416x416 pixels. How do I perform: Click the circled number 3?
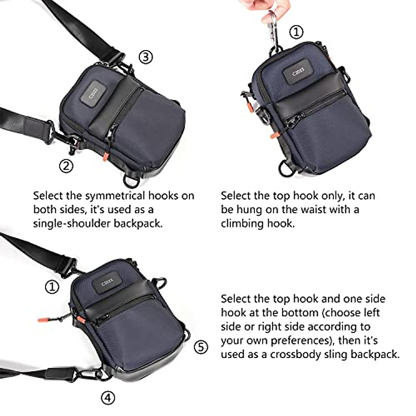(x=146, y=57)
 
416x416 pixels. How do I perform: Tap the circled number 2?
(x=66, y=166)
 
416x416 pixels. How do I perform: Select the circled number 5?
(x=201, y=347)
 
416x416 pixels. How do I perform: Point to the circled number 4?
(x=108, y=398)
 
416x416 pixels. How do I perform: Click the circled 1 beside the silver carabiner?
(x=296, y=32)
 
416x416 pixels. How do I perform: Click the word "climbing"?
(x=242, y=224)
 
